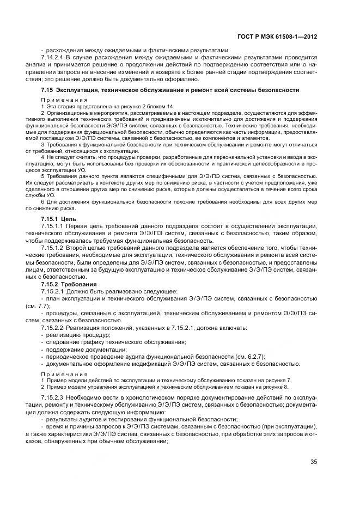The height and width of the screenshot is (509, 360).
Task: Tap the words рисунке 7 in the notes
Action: click(x=279, y=379)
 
